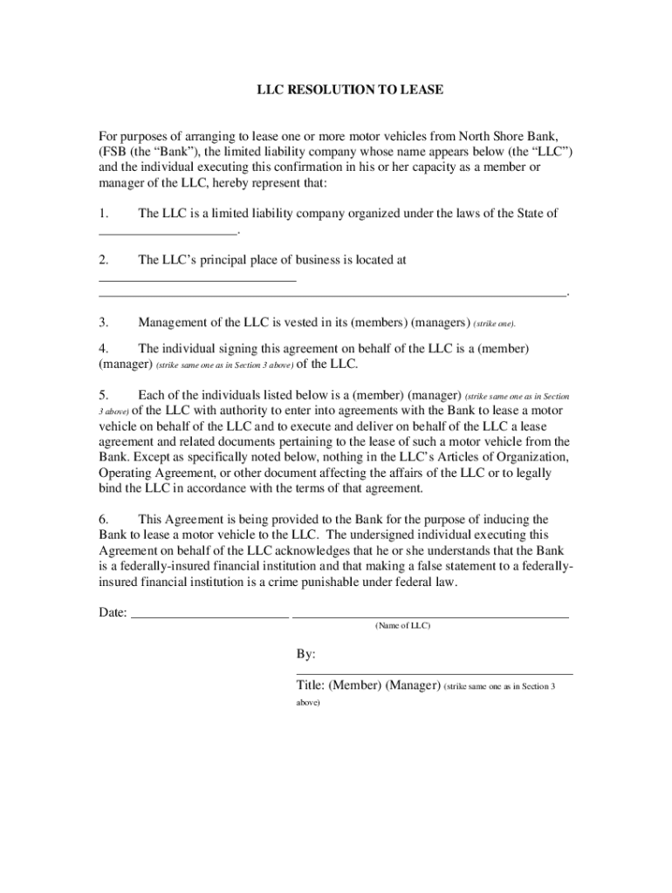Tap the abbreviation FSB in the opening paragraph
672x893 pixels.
(114, 151)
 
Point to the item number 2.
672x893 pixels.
(104, 260)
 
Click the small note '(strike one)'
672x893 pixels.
(495, 324)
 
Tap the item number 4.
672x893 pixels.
(104, 348)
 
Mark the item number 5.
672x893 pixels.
(104, 394)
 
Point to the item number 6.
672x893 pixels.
(104, 519)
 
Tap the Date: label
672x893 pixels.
(113, 612)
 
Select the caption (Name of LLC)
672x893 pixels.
(402, 626)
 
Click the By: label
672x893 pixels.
(306, 654)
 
